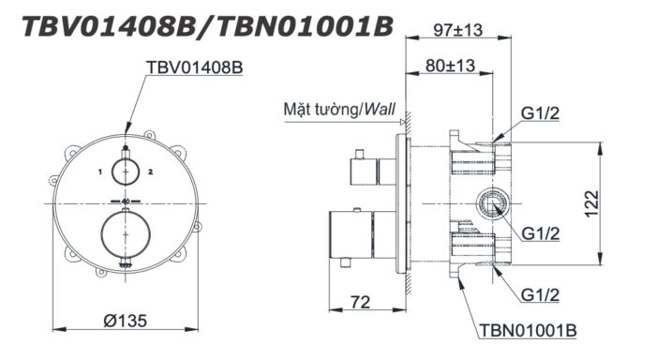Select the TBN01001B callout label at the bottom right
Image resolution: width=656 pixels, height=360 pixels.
[528, 330]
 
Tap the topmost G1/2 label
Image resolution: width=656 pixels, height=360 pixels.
[542, 116]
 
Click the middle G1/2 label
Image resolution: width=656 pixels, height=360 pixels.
[543, 232]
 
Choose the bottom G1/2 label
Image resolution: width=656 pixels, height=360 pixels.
[543, 294]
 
